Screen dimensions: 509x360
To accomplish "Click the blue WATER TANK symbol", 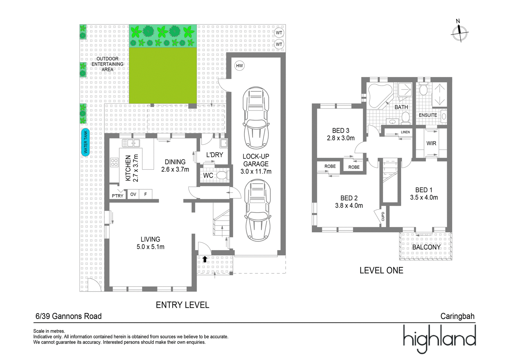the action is coord(86,142).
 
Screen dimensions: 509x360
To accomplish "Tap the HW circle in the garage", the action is coord(239,66).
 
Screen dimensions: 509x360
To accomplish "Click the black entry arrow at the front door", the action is coord(205,259).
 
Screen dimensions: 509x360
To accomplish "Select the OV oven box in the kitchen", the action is coord(133,194).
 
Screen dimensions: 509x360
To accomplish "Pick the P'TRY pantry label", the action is coord(117,196).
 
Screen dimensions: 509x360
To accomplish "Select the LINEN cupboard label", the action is coord(405,132).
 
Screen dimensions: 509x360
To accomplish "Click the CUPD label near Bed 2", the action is coord(383,216).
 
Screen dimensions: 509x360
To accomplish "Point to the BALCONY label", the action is coord(426,247).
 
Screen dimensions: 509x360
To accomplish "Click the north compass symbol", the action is coord(459,33).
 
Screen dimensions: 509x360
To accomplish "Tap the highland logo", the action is coord(439,339).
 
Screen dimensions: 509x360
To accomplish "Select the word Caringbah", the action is coord(457,316).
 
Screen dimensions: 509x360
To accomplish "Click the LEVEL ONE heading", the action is coord(381,271).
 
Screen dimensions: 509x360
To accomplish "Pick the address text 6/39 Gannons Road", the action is coord(69,316).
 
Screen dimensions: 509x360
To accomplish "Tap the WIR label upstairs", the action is coord(431,143).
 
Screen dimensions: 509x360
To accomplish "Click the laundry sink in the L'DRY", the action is coord(224,143).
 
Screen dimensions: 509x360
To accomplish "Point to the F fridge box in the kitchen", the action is coord(145,194).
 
